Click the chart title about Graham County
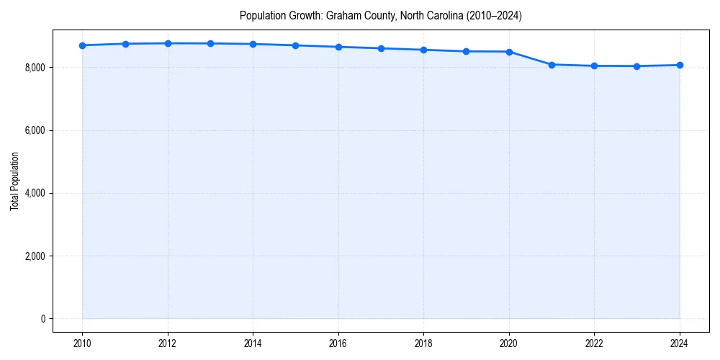(x=381, y=15)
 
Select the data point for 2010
(x=82, y=45)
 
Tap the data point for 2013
(x=210, y=43)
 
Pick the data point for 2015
(x=296, y=45)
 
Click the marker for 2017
(x=381, y=48)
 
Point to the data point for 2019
(x=467, y=51)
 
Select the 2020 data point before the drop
(x=509, y=52)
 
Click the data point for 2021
(x=552, y=65)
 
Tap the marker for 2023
(x=637, y=66)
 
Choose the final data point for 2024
(x=680, y=65)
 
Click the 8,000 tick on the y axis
(x=33, y=68)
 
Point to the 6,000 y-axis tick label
(x=33, y=130)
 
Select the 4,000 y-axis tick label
(x=33, y=193)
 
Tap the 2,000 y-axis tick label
(x=33, y=256)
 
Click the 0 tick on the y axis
(x=42, y=319)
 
